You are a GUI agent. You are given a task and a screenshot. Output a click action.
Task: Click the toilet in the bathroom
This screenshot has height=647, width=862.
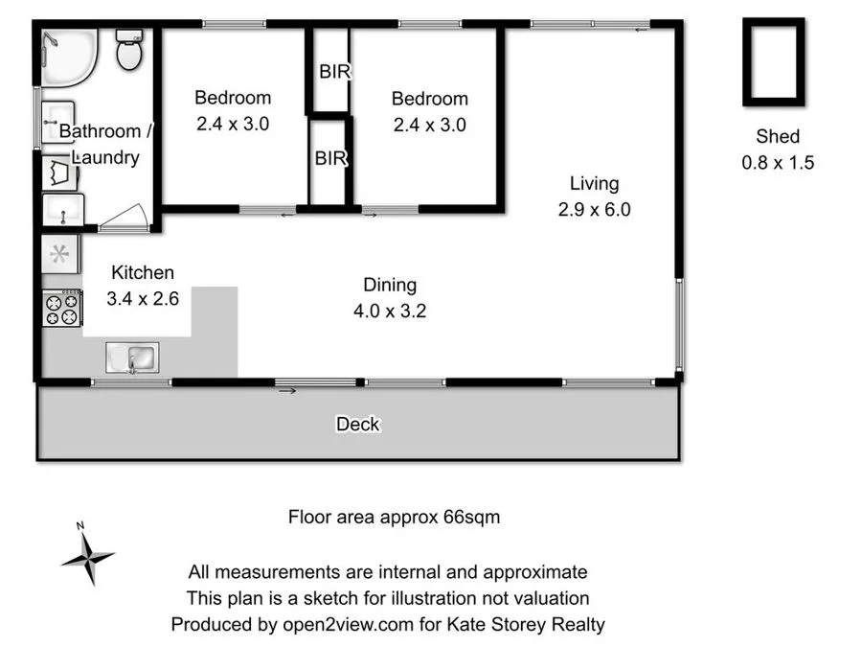coord(129,49)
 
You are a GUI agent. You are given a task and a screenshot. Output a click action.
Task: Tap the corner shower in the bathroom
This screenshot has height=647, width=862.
coord(69,58)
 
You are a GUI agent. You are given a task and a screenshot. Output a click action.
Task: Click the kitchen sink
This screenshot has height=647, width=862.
coord(131,358)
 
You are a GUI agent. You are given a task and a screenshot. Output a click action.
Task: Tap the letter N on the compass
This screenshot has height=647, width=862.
coord(81,525)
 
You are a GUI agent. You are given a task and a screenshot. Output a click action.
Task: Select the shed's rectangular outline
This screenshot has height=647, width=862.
coord(773,61)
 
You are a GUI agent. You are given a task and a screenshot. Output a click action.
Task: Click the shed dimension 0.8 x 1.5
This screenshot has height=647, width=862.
coord(778,163)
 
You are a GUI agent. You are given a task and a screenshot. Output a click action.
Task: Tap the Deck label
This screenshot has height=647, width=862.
coord(357,424)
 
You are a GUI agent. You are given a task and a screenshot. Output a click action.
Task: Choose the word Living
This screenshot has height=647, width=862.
coord(594,183)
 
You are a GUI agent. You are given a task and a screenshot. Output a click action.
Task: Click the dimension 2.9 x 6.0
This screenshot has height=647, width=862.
coord(594,209)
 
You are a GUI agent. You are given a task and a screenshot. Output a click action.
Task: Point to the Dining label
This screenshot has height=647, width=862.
coord(390,285)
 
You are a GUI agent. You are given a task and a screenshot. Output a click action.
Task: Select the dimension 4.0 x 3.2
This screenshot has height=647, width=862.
coord(390,311)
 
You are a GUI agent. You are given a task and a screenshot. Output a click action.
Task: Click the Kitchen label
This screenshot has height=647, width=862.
coord(143,272)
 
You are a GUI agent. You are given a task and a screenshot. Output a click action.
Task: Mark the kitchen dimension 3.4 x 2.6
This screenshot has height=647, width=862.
coord(143,298)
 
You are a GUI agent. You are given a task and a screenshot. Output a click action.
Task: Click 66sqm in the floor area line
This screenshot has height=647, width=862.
coord(471,518)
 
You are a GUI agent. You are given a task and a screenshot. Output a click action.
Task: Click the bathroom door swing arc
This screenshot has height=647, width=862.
coord(127,217)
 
